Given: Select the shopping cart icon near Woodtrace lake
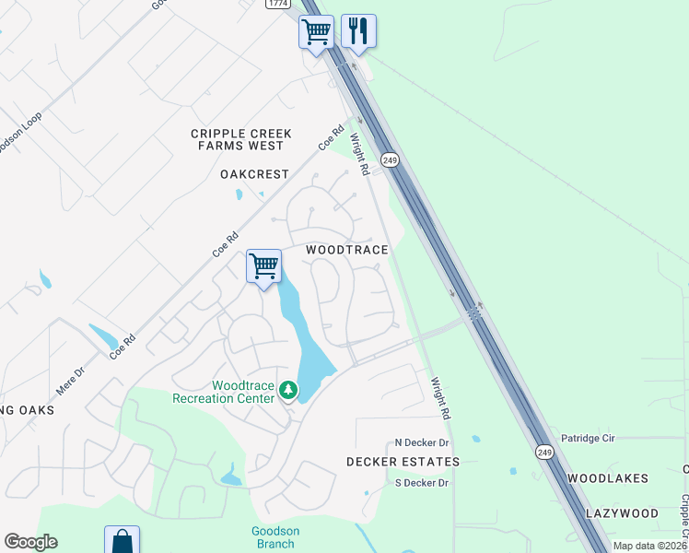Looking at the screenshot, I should pos(264,266).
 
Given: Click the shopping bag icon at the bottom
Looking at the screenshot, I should pos(122,541).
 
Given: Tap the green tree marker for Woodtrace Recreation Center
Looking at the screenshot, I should pos(289,392).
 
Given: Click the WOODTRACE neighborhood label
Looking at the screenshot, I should pos(346,250).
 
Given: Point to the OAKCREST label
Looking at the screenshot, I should pos(255,174).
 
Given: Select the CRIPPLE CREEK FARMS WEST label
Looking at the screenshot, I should pos(241,139).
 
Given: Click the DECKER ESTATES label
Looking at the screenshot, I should pos(403,461).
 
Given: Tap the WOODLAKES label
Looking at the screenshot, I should pos(608,478).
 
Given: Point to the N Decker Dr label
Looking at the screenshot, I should pos(421,443).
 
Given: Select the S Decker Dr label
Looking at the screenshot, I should pos(421,483).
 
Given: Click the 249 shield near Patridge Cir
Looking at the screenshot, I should pos(545,452).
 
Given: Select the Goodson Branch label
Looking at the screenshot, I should pos(275,537).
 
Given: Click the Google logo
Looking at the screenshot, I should pos(30,542).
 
